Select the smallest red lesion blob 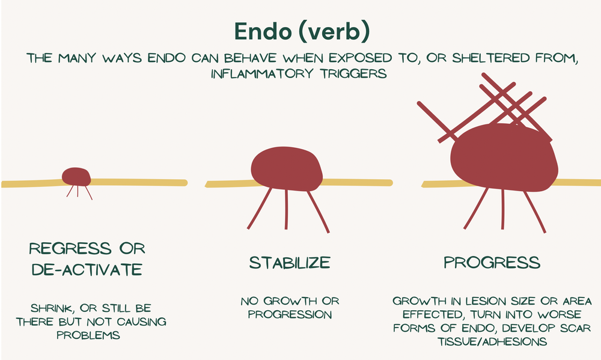point(76,176)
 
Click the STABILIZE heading point(290,263)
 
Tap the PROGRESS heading point(491,263)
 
